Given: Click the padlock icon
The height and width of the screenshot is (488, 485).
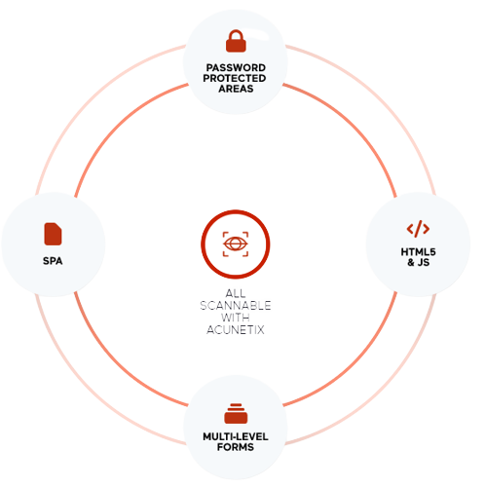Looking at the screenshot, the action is pos(236,41).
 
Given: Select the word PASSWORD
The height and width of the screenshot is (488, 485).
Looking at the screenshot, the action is pos(236,67).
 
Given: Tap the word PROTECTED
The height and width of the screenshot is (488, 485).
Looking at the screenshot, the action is pos(235,78).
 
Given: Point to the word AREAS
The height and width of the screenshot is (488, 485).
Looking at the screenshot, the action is pos(236,89).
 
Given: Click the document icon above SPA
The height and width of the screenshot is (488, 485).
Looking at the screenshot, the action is pos(53,234).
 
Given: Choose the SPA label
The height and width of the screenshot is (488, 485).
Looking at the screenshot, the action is pos(53,261).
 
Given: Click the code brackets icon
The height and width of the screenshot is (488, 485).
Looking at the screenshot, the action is pos(418,229).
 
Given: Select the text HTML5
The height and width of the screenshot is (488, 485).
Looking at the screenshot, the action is pos(418,251).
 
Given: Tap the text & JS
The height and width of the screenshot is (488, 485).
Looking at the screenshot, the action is pos(419,262).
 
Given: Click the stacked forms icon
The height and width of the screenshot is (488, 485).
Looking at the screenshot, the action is pos(236,413).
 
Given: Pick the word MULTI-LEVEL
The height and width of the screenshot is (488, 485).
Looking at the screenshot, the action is pos(236,436).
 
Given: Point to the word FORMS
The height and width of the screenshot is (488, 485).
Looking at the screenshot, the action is pos(236,447).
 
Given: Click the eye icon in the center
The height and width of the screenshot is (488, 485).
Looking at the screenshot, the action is pos(236,244).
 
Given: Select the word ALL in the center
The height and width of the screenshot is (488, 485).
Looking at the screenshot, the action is pos(236,293).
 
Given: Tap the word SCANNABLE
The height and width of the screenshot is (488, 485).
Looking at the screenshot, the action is pos(236,306).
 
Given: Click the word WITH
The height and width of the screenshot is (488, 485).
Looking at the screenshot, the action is pos(236,318).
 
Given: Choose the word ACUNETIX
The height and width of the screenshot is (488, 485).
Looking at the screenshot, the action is pos(236,330).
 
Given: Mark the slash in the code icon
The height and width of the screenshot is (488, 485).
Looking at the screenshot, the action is pos(419,229).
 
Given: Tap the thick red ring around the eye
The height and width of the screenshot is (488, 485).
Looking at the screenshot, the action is pos(236,210).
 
